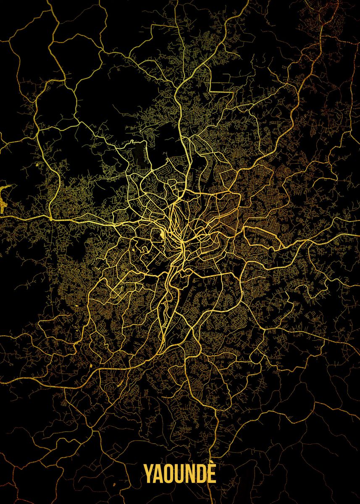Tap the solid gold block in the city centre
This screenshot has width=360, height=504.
162,235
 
